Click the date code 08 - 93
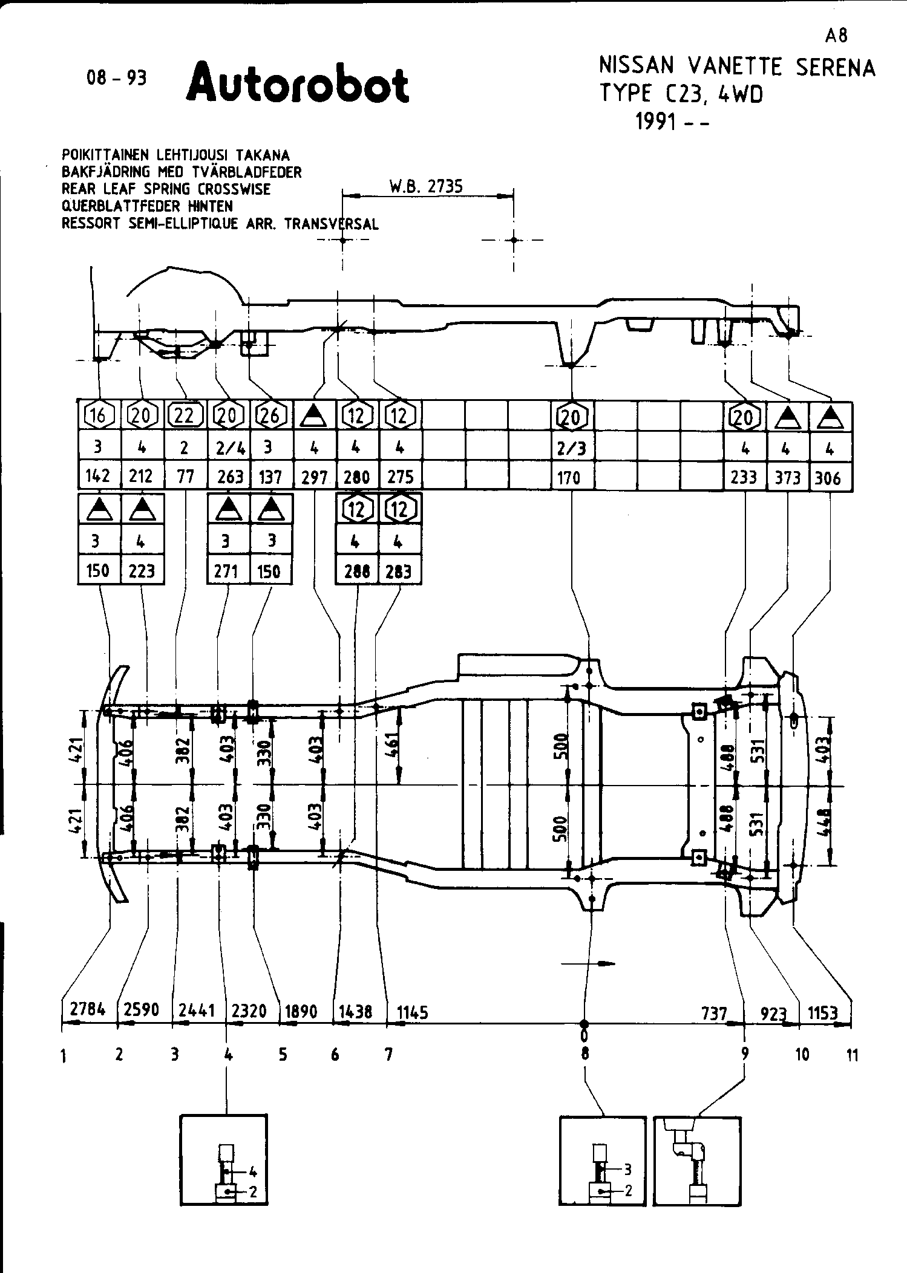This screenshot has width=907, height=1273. pyautogui.click(x=116, y=79)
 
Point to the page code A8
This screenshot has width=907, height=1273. pyautogui.click(x=836, y=36)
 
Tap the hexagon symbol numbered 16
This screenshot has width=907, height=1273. pyautogui.click(x=98, y=415)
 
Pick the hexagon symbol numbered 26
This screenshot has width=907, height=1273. pyautogui.click(x=270, y=415)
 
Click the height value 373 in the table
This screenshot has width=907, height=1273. pyautogui.click(x=787, y=478)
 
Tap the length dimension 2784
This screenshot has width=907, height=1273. pyautogui.click(x=88, y=1009)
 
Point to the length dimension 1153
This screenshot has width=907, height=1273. pyautogui.click(x=823, y=1012)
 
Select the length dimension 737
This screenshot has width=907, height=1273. pyautogui.click(x=714, y=1012)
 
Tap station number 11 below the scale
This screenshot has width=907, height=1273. pyautogui.click(x=852, y=1056)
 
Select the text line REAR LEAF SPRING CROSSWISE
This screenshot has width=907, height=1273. pyautogui.click(x=166, y=189)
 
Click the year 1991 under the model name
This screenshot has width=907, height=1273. pyautogui.click(x=655, y=122)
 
